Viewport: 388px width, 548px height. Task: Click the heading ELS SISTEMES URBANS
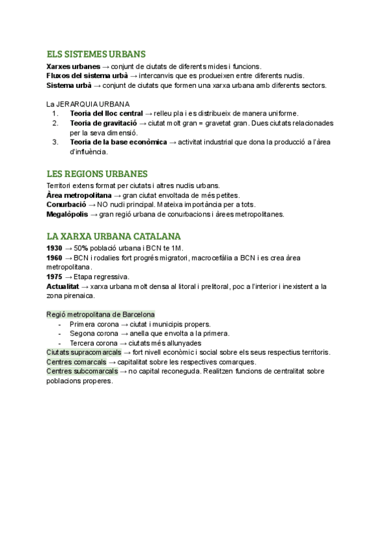(96, 54)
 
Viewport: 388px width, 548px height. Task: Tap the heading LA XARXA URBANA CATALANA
(114, 236)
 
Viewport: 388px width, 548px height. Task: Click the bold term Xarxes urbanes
(73, 66)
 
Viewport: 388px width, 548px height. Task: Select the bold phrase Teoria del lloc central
(106, 114)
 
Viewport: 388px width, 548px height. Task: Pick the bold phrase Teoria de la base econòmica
(118, 142)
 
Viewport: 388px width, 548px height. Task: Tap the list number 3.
(56, 142)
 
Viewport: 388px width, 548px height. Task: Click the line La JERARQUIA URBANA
(87, 104)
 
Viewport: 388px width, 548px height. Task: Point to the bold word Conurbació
(66, 204)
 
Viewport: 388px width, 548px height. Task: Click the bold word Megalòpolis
(67, 214)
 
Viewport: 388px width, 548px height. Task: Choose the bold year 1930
(54, 248)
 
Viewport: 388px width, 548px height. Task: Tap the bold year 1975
(54, 277)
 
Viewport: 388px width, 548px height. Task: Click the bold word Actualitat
(62, 286)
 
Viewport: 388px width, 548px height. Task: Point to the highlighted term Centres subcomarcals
(81, 372)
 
